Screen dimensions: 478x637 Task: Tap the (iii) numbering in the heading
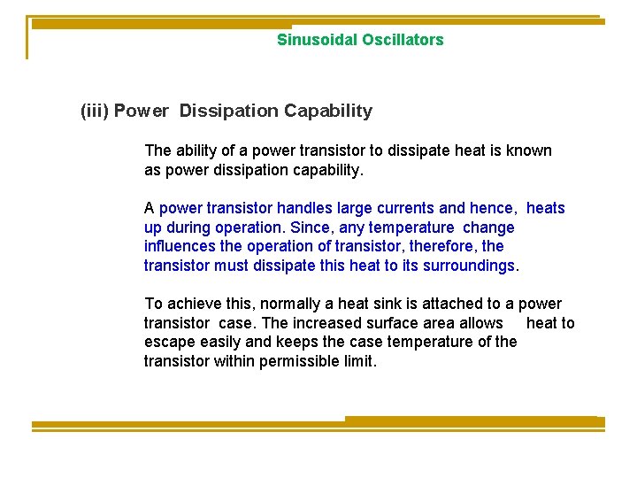(x=95, y=112)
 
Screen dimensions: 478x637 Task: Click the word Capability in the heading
(x=328, y=112)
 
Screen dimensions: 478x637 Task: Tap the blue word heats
(x=545, y=208)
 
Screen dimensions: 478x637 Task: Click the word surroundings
(x=473, y=266)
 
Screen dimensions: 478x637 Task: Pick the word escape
(x=167, y=342)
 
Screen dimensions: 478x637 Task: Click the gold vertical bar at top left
(x=27, y=37)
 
